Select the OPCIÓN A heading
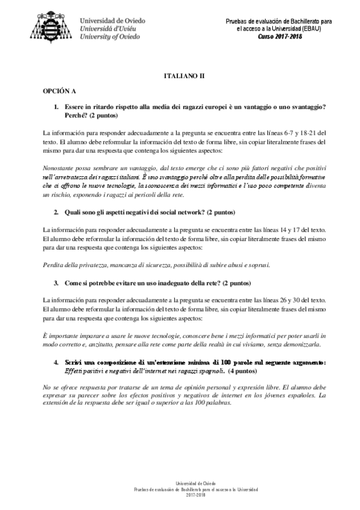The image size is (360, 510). (x=59, y=92)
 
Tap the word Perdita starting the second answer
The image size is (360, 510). (x=53, y=265)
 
